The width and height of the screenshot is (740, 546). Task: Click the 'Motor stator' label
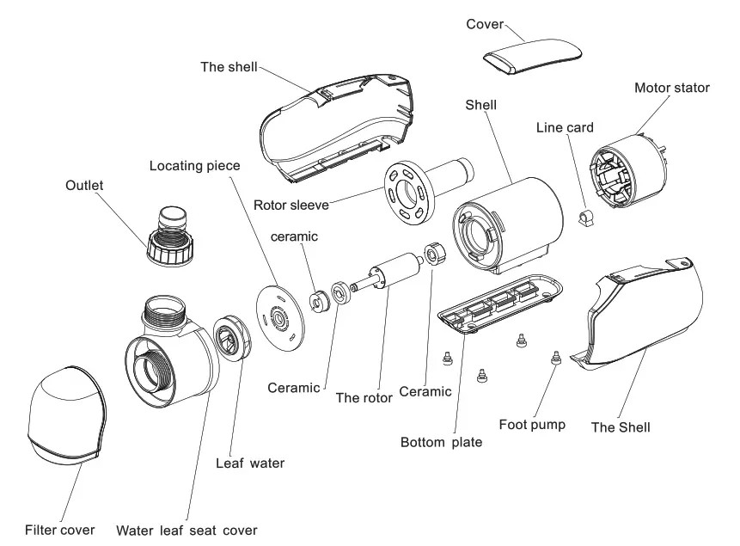(x=671, y=88)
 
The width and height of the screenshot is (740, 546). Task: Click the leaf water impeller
(x=230, y=337)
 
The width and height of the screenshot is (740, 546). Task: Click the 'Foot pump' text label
(x=532, y=424)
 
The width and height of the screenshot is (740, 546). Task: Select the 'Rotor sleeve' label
(x=291, y=206)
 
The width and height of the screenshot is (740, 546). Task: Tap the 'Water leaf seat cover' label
(x=187, y=530)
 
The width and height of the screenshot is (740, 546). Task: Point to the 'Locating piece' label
(x=194, y=164)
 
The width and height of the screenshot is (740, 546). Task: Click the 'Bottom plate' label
(x=442, y=444)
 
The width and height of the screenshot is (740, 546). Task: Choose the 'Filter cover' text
(x=59, y=530)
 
